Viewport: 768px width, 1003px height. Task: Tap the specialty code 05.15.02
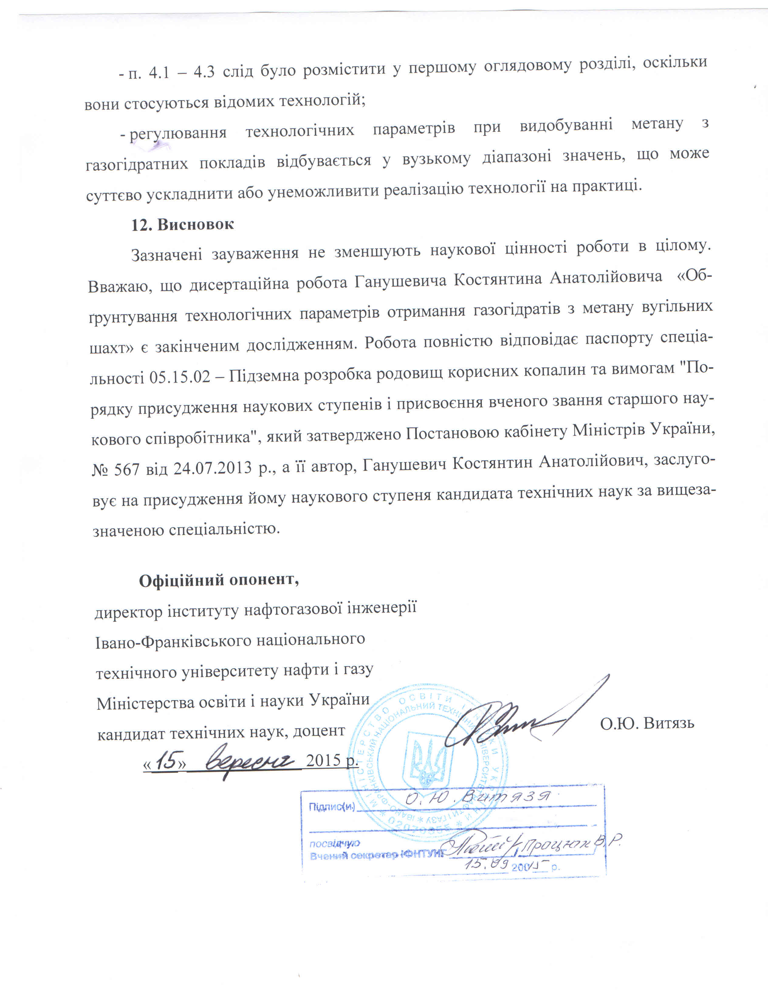(180, 376)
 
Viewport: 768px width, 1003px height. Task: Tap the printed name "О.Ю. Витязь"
(647, 723)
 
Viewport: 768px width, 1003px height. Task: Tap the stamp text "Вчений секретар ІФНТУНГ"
(377, 854)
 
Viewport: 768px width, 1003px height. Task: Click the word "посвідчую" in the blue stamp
(334, 843)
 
